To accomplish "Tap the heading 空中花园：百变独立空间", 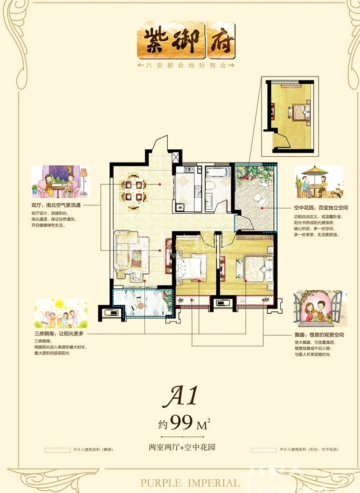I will pos(317,208).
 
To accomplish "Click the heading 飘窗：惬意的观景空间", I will pos(317,335).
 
